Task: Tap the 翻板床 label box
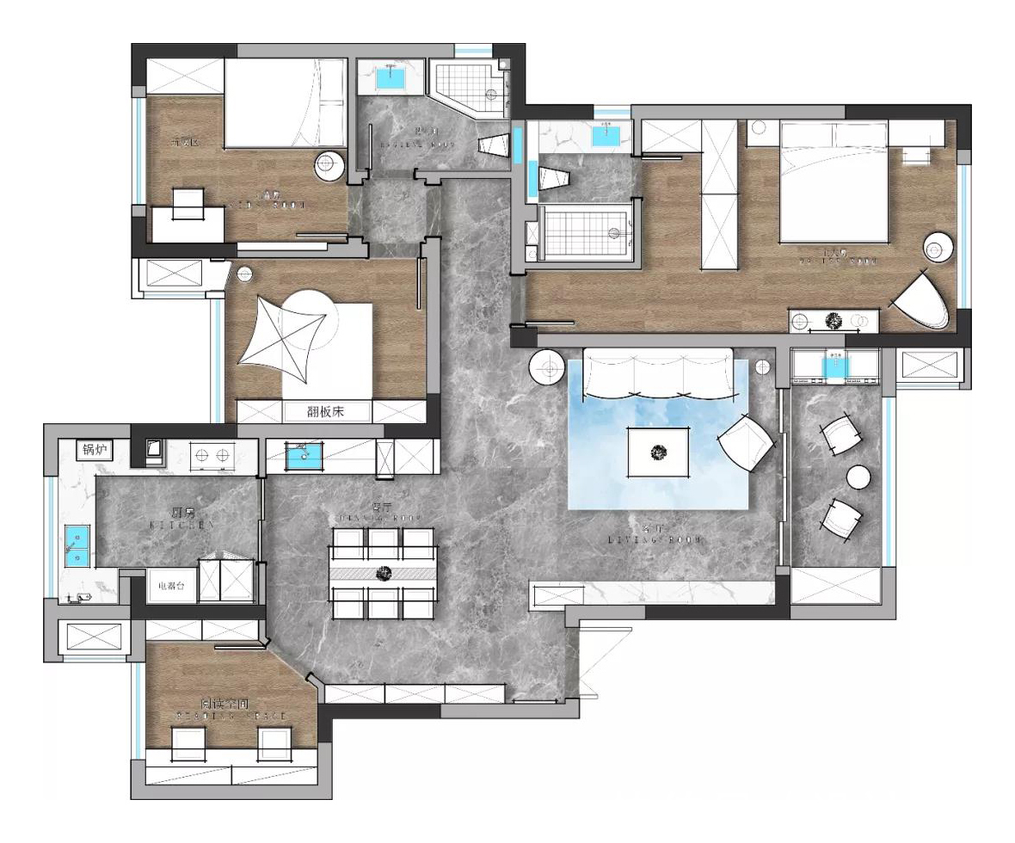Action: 326,412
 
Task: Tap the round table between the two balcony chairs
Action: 859,477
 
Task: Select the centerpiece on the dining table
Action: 382,572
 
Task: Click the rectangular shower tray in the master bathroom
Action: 589,232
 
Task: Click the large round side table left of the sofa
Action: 547,369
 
